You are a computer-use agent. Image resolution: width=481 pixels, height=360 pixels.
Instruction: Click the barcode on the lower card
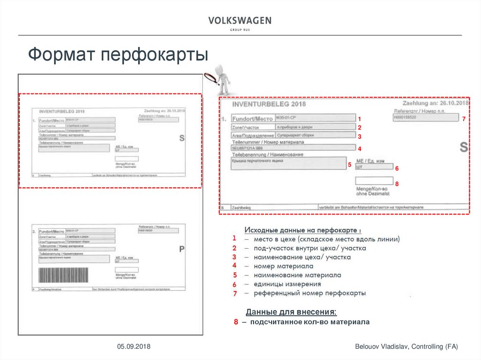[63, 275]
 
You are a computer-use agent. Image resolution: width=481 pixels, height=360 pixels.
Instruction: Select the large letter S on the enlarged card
[464, 147]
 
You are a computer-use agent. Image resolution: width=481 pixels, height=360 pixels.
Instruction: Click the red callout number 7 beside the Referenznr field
[463, 119]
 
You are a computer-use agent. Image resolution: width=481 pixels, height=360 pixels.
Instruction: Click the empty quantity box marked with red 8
[374, 181]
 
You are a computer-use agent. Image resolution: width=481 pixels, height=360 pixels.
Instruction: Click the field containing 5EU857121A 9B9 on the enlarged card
[293, 147]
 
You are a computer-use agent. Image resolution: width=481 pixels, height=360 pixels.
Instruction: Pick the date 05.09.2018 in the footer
[134, 346]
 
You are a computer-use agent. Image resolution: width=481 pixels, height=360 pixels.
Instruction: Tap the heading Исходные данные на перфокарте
[303, 230]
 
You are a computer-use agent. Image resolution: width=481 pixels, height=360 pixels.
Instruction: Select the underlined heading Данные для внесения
[291, 312]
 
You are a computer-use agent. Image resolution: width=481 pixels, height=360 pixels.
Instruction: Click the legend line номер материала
[283, 266]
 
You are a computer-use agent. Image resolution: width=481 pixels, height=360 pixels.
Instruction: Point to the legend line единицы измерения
[287, 284]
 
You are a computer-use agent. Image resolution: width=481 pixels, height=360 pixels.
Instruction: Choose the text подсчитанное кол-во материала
[310, 322]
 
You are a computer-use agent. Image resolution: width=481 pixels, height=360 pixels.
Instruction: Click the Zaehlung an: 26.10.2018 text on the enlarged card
[435, 103]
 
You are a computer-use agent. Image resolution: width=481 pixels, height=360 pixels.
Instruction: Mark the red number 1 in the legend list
[233, 239]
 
